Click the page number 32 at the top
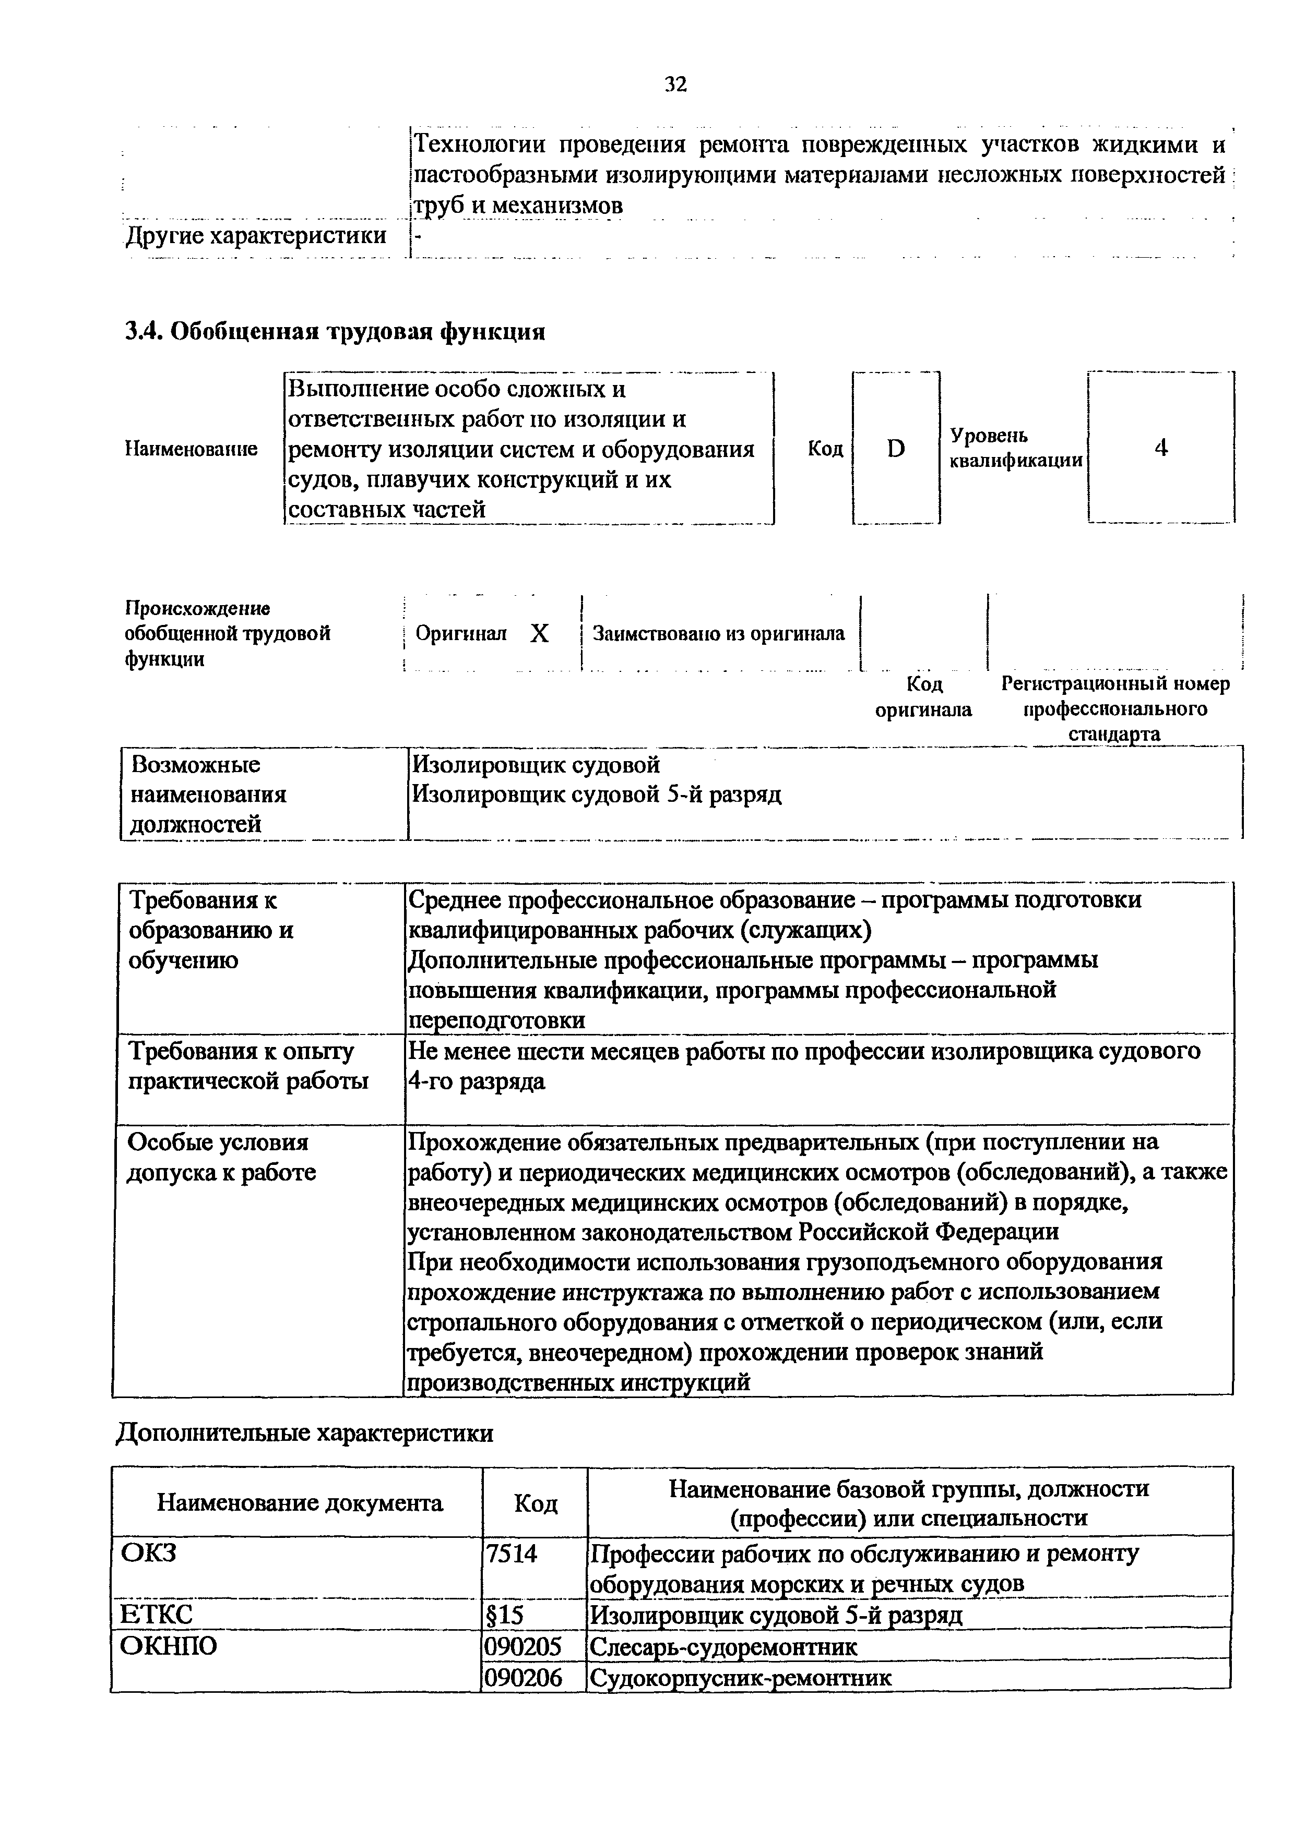674,83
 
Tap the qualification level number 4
1161,448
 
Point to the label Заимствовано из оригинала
718,634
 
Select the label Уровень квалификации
1016,448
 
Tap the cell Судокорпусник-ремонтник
740,1677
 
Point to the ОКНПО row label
168,1646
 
